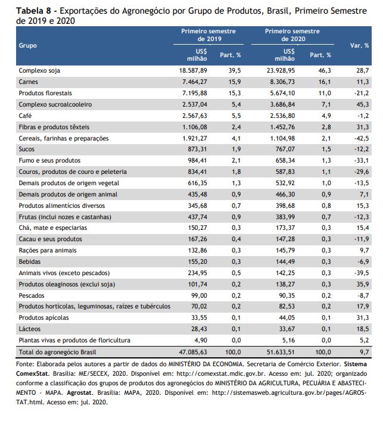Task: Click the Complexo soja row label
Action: pyautogui.click(x=39, y=71)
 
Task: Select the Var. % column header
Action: pyautogui.click(x=359, y=46)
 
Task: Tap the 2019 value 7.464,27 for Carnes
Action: pyautogui.click(x=195, y=82)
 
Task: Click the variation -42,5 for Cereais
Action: pyautogui.click(x=362, y=139)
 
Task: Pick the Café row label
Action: pyautogui.click(x=25, y=116)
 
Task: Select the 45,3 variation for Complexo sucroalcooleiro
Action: pyautogui.click(x=363, y=104)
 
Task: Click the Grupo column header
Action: pyautogui.click(x=27, y=46)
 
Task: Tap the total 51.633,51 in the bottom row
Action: pyautogui.click(x=281, y=352)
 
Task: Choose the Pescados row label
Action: pyautogui.click(x=32, y=295)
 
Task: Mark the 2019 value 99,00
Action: pyautogui.click(x=199, y=295)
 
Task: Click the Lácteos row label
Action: pyautogui.click(x=30, y=329)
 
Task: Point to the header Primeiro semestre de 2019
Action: pyautogui.click(x=208, y=35)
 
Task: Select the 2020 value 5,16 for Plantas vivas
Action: pyautogui.click(x=288, y=340)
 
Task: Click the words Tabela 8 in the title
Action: pyautogui.click(x=33, y=11)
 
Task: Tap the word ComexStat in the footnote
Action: pyautogui.click(x=32, y=374)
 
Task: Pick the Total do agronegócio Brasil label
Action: pyautogui.click(x=57, y=352)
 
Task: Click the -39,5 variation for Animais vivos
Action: pyautogui.click(x=362, y=273)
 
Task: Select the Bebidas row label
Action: pyautogui.click(x=30, y=262)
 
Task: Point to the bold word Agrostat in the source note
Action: pyautogui.click(x=79, y=393)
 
